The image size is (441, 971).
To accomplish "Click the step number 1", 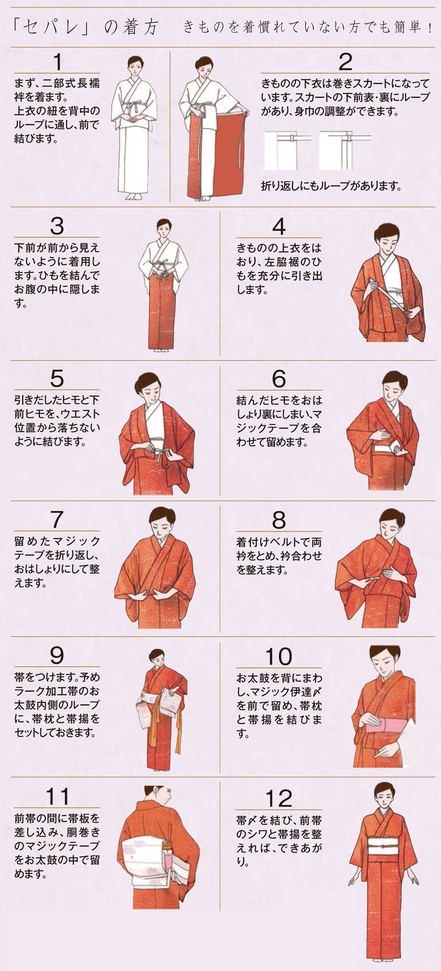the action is coord(58,62).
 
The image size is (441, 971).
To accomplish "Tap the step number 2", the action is coord(345,62).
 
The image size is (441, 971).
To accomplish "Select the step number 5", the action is coord(57,378).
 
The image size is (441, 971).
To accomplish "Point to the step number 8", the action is coord(279,520).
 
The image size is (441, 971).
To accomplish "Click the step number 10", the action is coord(279,656).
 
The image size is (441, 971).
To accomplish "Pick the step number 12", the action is coord(279,799).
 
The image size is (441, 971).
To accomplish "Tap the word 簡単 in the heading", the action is coord(407,27).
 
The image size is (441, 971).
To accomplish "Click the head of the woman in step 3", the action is coord(164,228).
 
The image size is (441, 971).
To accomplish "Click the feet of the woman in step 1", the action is coord(133,196).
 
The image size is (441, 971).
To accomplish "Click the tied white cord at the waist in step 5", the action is coord(159,448).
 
